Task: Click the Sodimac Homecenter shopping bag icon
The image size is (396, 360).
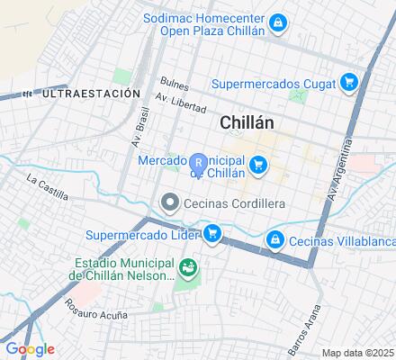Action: [280, 22]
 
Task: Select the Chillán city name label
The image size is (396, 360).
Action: [247, 123]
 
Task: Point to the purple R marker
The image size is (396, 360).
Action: [198, 164]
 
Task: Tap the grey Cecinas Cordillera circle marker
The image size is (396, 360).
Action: [168, 203]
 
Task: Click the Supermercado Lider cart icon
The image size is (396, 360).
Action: [212, 235]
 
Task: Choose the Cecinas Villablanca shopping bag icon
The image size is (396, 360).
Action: [276, 240]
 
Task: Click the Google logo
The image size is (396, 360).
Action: [29, 349]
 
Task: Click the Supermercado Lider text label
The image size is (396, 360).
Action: [143, 236]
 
